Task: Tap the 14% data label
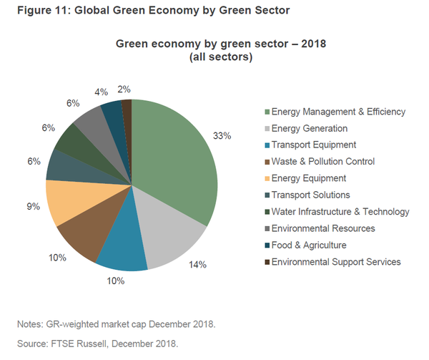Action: click(x=198, y=265)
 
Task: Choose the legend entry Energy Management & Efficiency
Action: click(x=335, y=112)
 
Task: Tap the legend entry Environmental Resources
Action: click(x=323, y=228)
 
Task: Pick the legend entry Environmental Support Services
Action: click(x=334, y=262)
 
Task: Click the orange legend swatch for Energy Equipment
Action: click(x=267, y=178)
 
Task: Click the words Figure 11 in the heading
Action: click(x=33, y=11)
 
